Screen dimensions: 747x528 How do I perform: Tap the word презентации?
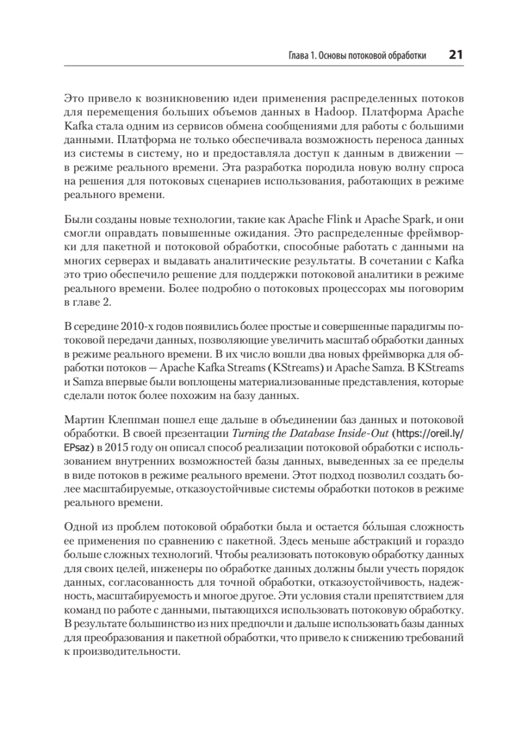188,435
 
